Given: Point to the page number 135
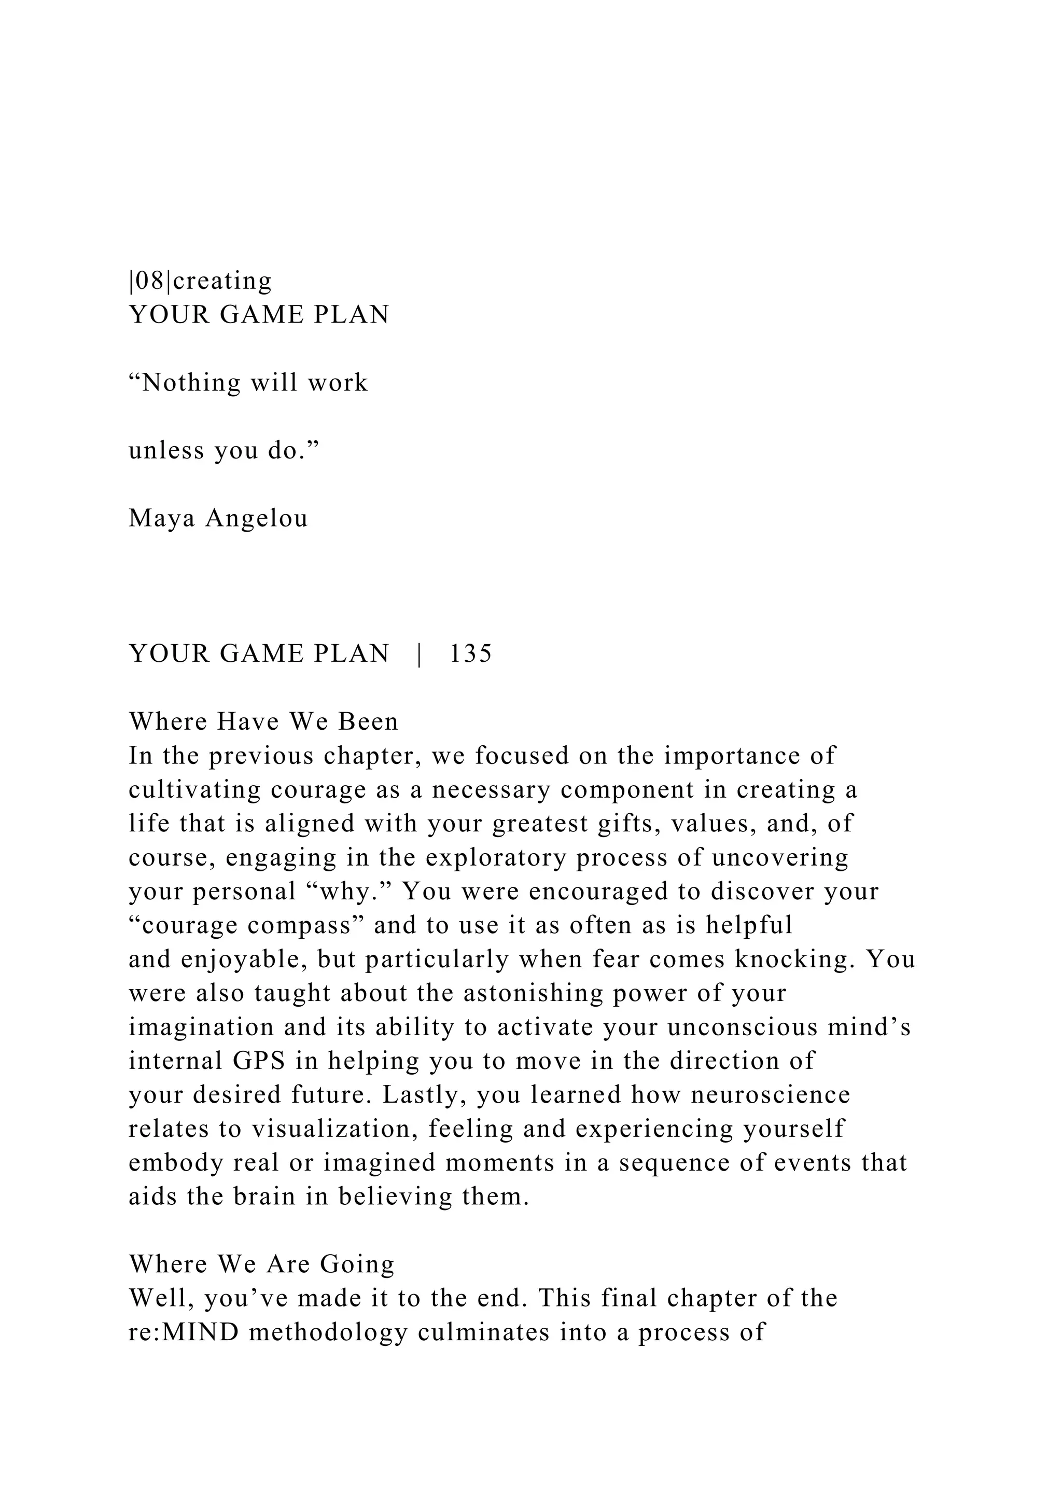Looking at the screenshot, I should click(x=470, y=653).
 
